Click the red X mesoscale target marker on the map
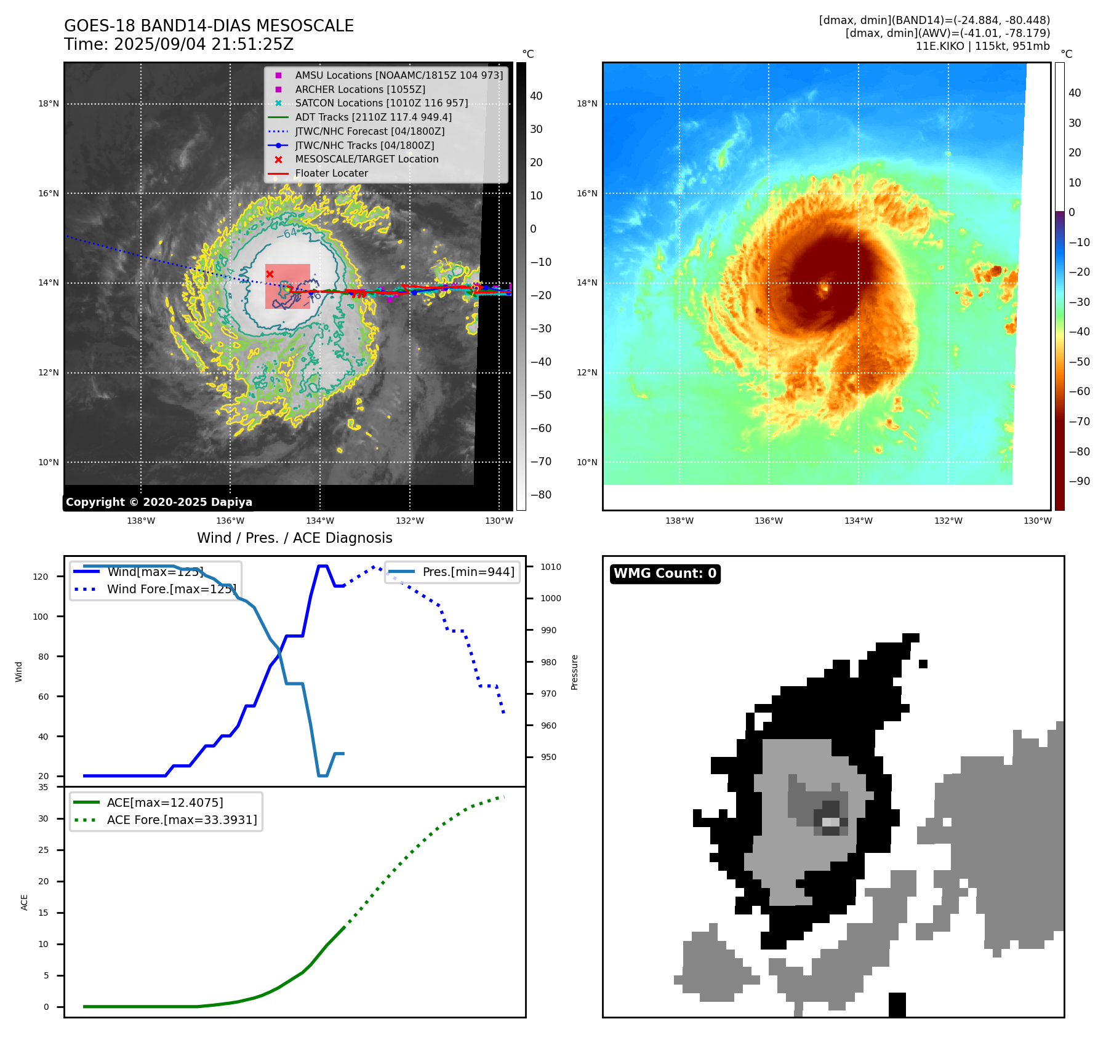coord(270,274)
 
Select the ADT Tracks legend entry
coord(373,117)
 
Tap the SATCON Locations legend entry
coord(381,103)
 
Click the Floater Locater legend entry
coord(331,173)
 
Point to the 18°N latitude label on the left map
coord(49,103)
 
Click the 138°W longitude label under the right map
coord(679,521)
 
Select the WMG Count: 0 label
coord(665,574)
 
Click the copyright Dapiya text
coord(159,502)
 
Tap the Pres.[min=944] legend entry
coord(468,572)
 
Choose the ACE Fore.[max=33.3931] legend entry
coord(182,820)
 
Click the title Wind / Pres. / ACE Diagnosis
coord(294,538)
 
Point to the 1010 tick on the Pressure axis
coord(551,567)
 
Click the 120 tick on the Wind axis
coord(40,577)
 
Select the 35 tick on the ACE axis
coord(43,787)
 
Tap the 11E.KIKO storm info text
coord(982,46)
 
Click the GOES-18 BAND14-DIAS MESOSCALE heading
coord(209,26)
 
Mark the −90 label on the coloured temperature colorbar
coord(1079,481)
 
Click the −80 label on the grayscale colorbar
coord(541,495)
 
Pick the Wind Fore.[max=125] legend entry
coord(171,589)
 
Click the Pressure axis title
coord(574,672)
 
